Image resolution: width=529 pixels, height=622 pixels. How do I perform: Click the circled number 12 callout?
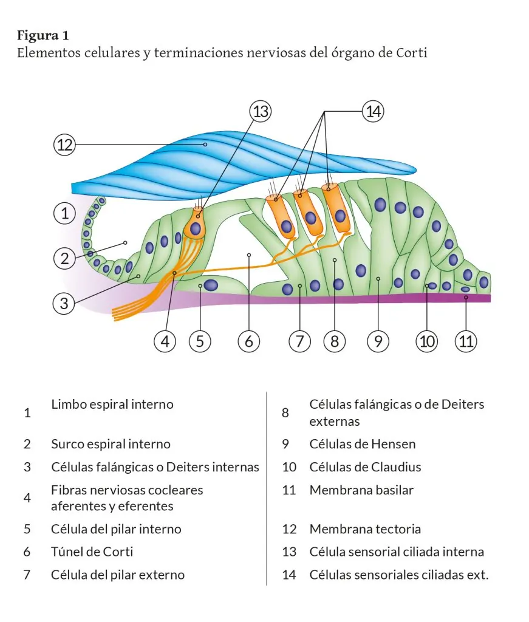click(x=64, y=145)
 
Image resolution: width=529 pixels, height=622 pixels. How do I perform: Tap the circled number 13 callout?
click(x=260, y=112)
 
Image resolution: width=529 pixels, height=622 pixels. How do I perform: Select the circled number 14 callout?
click(x=373, y=112)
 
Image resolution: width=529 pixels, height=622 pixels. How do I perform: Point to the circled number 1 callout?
click(x=64, y=213)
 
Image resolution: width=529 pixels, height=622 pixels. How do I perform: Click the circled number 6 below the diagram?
click(x=249, y=341)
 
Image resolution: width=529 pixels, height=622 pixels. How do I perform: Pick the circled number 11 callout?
click(x=466, y=341)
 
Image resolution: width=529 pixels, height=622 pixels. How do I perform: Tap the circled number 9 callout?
click(x=378, y=341)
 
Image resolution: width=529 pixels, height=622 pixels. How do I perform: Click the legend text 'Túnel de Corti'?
click(x=92, y=552)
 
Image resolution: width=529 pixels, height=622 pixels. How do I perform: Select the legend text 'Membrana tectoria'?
click(x=365, y=529)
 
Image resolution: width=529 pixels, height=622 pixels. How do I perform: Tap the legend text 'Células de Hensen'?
click(x=363, y=444)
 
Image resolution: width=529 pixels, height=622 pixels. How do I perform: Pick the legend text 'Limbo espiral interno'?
click(x=112, y=405)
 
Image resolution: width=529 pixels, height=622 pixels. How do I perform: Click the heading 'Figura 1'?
click(x=43, y=34)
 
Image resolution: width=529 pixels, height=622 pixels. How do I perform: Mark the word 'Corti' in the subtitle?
click(x=412, y=53)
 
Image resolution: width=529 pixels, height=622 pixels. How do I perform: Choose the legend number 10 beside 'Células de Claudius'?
click(x=289, y=467)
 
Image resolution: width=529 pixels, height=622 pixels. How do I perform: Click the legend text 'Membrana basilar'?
click(x=361, y=490)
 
